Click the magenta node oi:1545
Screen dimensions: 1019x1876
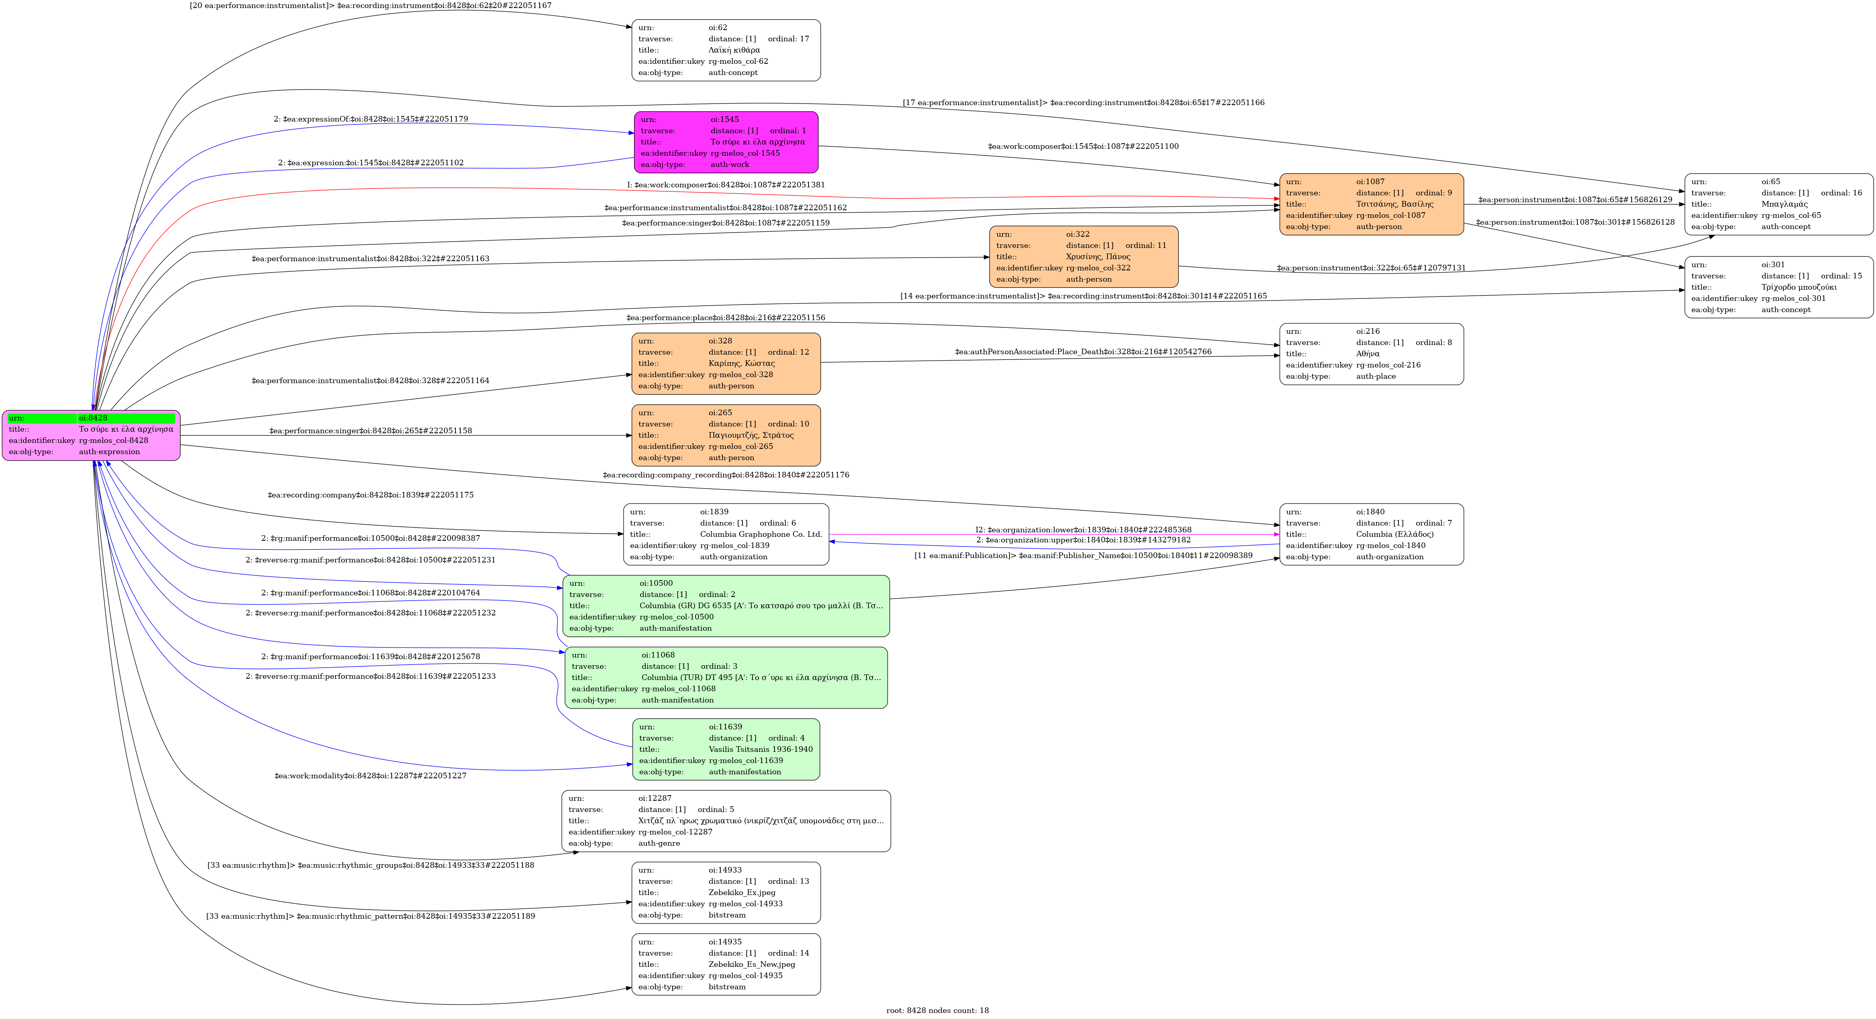coord(726,142)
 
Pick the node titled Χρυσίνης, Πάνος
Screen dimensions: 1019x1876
coord(1083,257)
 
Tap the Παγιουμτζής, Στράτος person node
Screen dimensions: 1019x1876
coord(726,435)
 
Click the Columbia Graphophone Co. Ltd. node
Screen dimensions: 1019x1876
coord(726,534)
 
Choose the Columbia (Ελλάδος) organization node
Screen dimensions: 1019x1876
coord(1371,534)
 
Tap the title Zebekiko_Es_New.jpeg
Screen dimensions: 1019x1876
coord(752,964)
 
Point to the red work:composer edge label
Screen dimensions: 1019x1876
coord(726,185)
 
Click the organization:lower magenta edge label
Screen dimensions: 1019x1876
coord(1083,530)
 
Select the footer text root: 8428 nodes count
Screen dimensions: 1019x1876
coord(937,1010)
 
